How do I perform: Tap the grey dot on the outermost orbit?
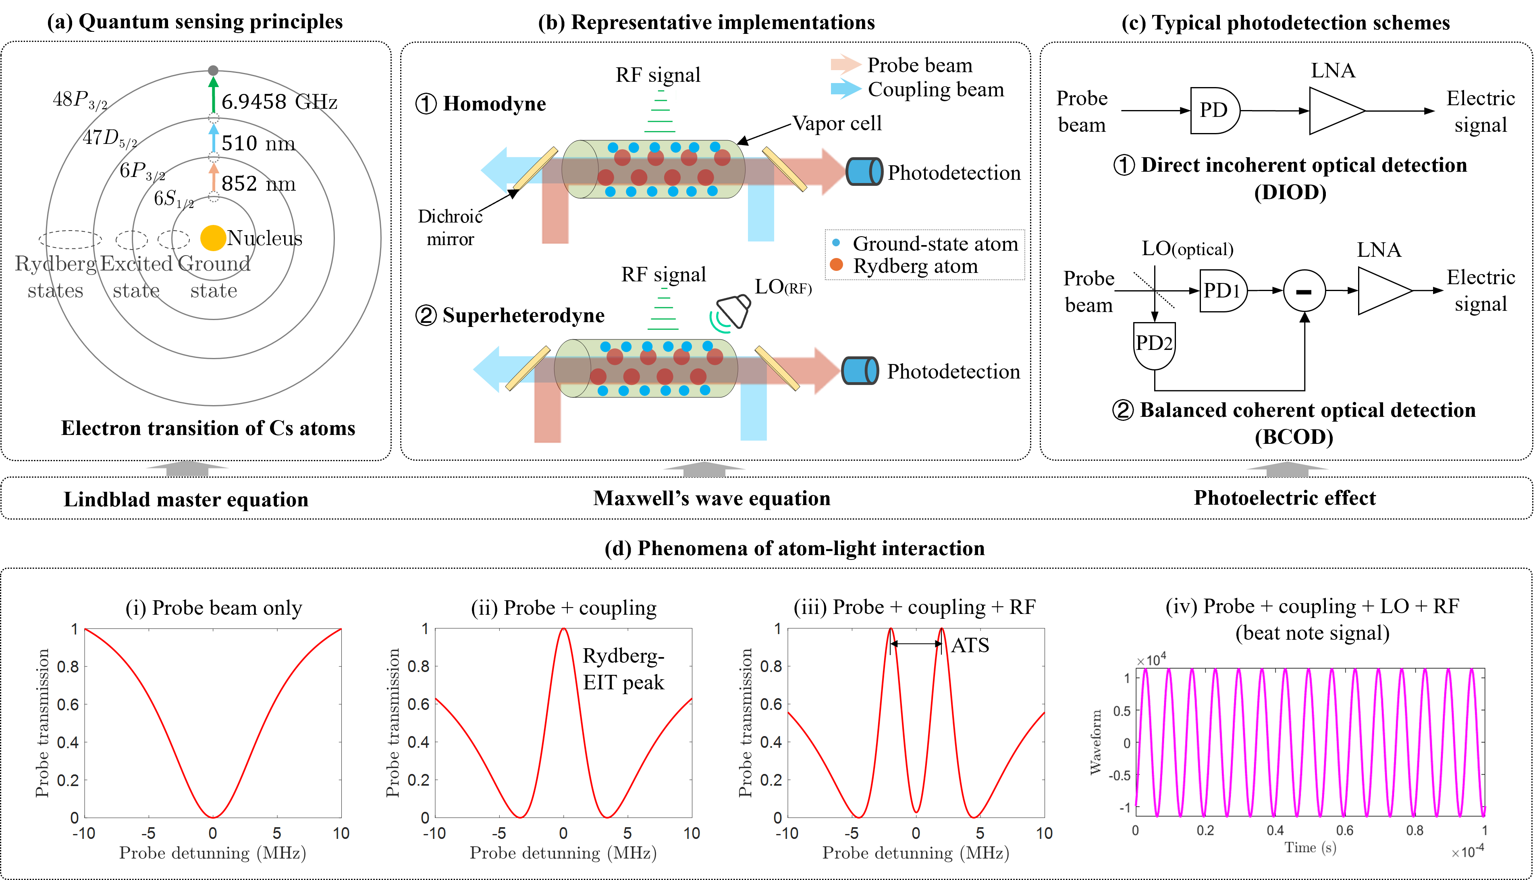213,71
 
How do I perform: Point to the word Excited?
137,264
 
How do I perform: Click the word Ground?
214,264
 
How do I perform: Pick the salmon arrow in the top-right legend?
846,64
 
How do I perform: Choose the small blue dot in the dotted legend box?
836,242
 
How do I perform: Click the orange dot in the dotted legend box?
836,264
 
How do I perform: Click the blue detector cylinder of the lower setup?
860,370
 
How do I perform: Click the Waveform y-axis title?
1096,742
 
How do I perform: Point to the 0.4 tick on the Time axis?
1275,830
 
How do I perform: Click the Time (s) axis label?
1310,847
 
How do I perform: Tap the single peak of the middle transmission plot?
564,630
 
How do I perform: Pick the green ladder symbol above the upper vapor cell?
661,112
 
